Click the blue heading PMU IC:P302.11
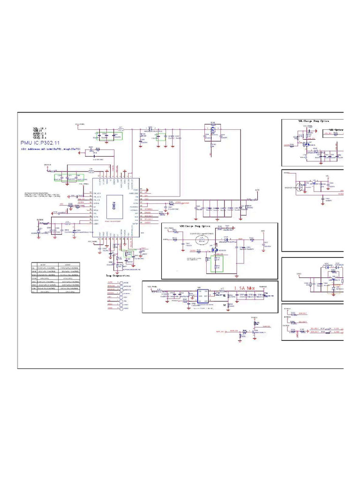[44, 142]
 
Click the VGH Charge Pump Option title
[195, 226]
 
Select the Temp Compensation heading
[118, 276]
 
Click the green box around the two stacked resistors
[217, 264]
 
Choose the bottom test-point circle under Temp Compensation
[120, 309]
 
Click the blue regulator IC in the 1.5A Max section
[202, 295]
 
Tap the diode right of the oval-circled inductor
[226, 240]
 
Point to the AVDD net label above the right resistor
[256, 190]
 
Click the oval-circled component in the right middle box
[300, 187]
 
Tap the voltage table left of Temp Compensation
[55, 277]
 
